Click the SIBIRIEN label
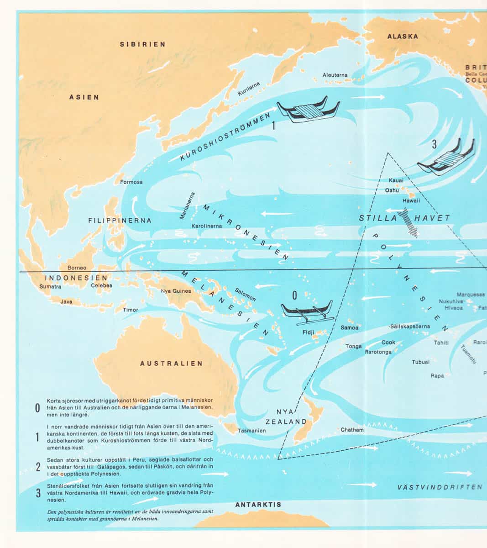coord(142,44)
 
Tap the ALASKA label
coord(403,37)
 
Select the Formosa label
coord(131,182)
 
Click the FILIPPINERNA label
coord(120,221)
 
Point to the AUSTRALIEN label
coord(171,364)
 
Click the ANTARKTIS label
coord(258,505)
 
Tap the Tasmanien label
coord(251,431)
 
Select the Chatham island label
coord(352,430)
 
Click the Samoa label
coord(350,327)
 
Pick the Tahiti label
coord(441,342)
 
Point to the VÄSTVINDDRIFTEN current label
coord(440,487)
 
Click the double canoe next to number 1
coord(309,111)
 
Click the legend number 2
coord(38,467)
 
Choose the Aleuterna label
coord(335,75)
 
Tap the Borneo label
coord(77,268)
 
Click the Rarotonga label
coord(378,352)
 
